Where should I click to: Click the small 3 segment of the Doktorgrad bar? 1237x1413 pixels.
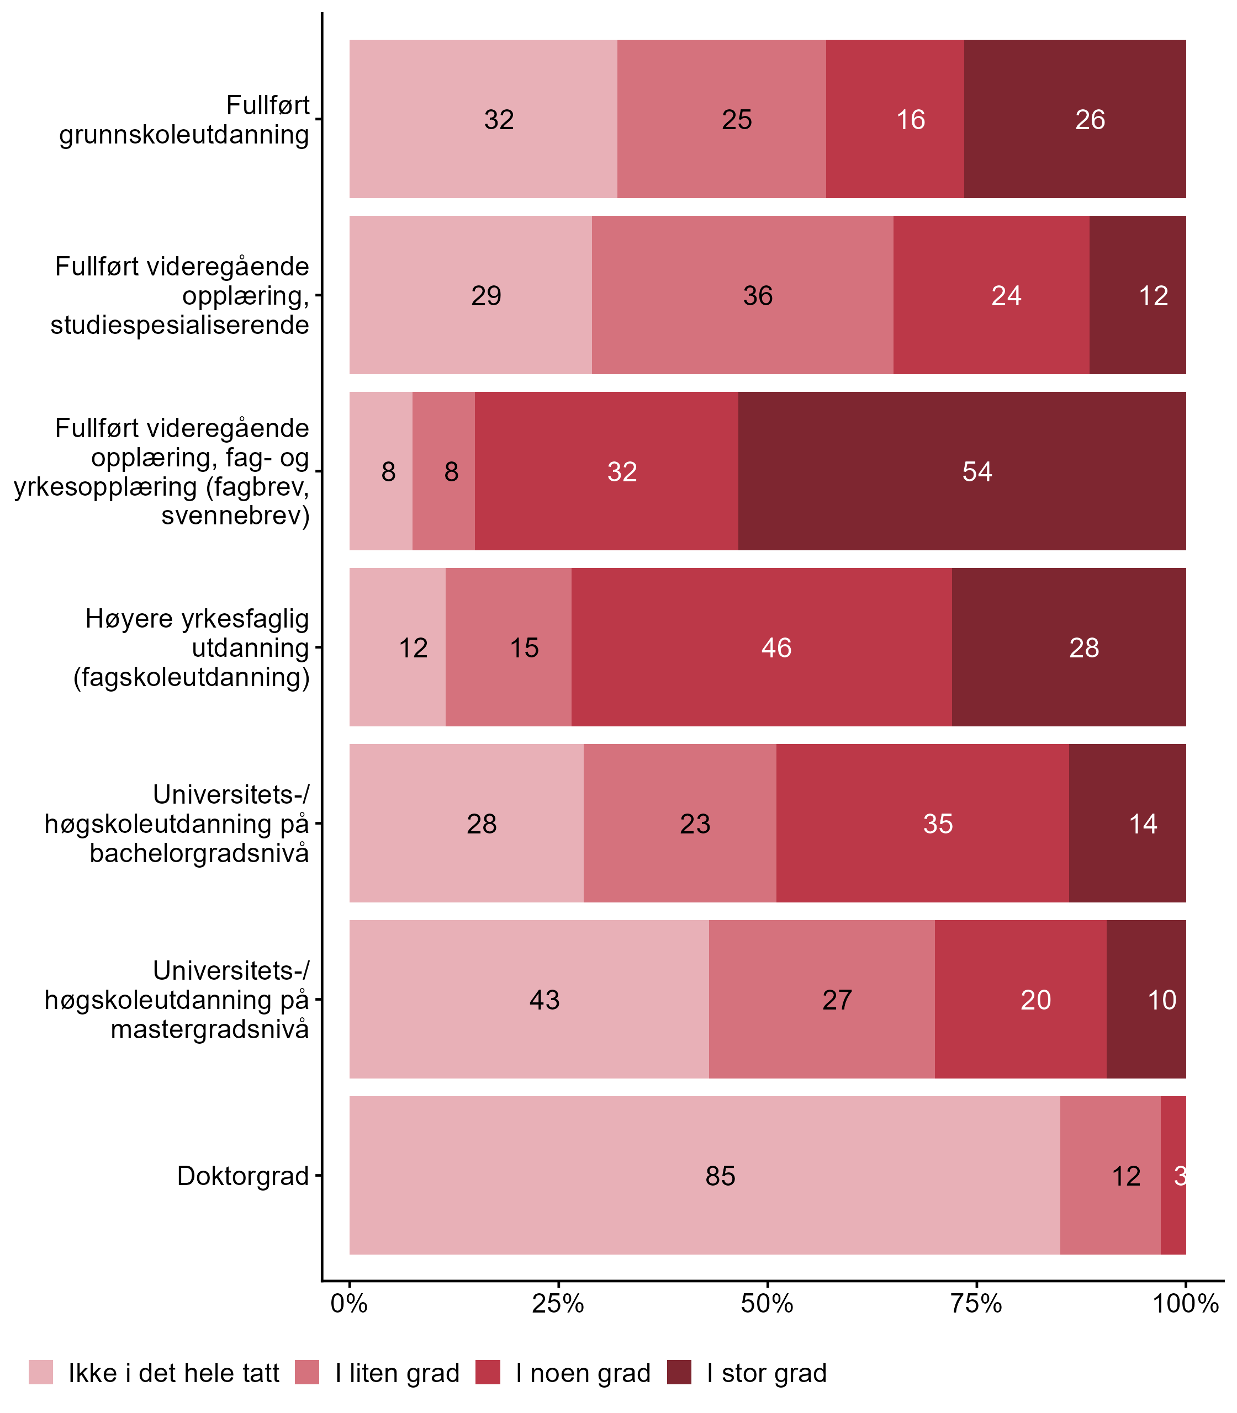[1173, 1175]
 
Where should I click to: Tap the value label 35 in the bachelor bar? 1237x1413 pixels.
[938, 824]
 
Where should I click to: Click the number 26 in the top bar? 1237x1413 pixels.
[1090, 119]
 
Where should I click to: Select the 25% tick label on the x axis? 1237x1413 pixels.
[558, 1303]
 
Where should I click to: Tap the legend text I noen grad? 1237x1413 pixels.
[583, 1373]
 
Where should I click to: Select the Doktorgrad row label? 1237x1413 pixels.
[243, 1176]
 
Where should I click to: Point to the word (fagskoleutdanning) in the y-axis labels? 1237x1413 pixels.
[191, 677]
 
